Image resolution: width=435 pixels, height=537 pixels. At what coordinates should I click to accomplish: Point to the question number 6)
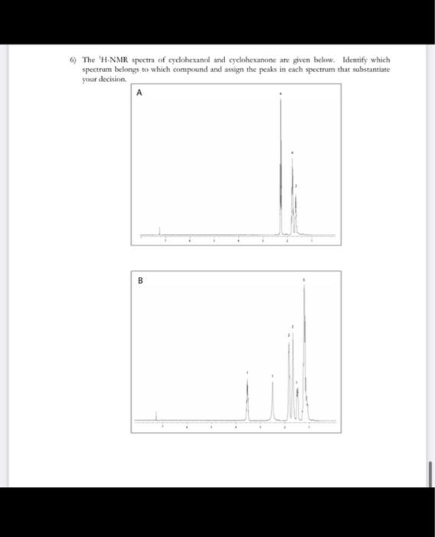pyautogui.click(x=75, y=60)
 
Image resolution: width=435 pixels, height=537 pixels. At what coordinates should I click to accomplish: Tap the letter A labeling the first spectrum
pyautogui.click(x=139, y=94)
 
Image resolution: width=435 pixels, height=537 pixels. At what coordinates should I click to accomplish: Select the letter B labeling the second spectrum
pyautogui.click(x=140, y=280)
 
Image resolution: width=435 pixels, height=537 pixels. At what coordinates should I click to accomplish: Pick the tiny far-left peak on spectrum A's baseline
pyautogui.click(x=159, y=231)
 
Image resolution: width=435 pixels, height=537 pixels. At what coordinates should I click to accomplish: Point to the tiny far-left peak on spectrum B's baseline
pyautogui.click(x=156, y=417)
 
